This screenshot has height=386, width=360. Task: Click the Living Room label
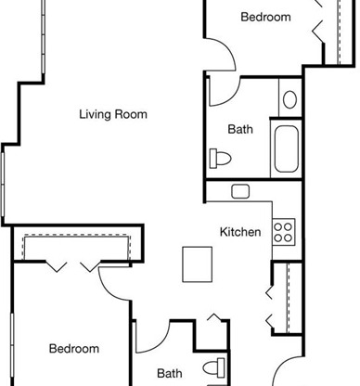(x=113, y=114)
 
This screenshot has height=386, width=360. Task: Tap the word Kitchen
(x=240, y=232)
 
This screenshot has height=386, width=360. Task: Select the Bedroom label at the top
(x=265, y=17)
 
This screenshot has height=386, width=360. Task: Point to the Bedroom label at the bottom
(x=74, y=349)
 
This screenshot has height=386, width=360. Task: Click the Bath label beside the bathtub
(x=240, y=129)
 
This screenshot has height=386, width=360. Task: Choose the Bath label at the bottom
(x=170, y=373)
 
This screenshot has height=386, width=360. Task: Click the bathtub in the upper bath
(x=287, y=148)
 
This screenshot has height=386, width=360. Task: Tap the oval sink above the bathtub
(x=289, y=99)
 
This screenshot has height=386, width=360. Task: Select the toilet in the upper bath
(x=220, y=159)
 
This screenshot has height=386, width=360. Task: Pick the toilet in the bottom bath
(x=214, y=368)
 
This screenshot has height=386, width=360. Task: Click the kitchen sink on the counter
(x=240, y=191)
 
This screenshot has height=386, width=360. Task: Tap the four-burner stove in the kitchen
(x=284, y=232)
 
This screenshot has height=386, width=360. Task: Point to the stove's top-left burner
(x=278, y=227)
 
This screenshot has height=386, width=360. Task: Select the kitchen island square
(x=198, y=264)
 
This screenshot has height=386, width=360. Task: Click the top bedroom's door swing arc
(x=227, y=49)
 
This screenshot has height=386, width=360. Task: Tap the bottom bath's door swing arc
(x=161, y=343)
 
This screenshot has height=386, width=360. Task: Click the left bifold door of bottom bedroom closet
(x=56, y=266)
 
